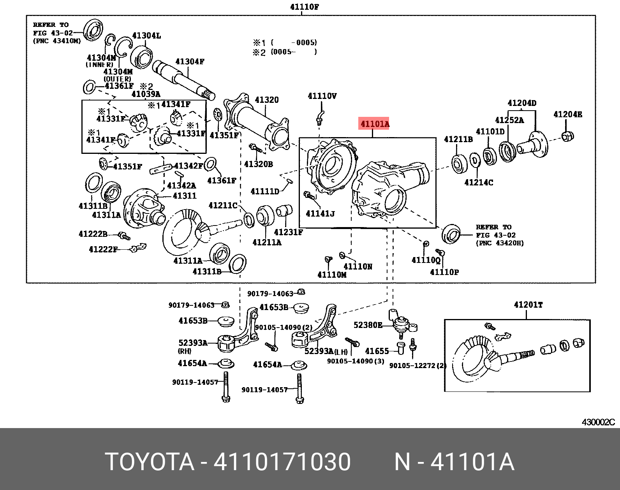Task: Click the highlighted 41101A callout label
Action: [375, 124]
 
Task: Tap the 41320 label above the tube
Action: [267, 100]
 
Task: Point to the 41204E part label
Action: [567, 114]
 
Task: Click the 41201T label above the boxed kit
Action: [528, 305]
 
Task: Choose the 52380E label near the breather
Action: [368, 324]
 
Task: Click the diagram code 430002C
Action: [598, 422]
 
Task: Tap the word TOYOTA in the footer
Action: [150, 462]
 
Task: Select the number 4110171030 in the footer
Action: [282, 462]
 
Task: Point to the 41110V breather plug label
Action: [322, 96]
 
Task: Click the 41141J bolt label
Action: [320, 213]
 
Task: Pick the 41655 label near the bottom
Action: [377, 351]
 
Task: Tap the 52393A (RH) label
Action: [193, 343]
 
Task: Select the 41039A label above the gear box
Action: [146, 94]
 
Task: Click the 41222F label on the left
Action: [103, 249]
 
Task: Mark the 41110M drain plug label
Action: [332, 274]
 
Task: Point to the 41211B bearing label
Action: [458, 139]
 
